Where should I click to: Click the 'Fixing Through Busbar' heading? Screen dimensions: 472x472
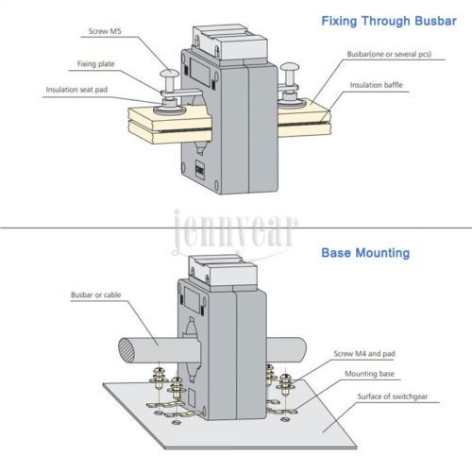click(x=389, y=21)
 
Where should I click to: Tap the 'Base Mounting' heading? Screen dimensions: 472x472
click(x=365, y=253)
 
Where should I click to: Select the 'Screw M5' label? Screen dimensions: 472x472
click(x=105, y=31)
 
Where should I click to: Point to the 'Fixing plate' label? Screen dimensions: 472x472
click(x=96, y=64)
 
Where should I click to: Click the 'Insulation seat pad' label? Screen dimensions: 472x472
click(x=76, y=90)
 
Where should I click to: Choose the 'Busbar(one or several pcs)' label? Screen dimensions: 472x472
click(x=389, y=54)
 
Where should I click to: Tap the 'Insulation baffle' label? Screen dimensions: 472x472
click(x=377, y=85)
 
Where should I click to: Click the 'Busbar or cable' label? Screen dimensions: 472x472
click(x=96, y=295)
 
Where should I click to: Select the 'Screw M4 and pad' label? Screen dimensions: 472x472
click(x=364, y=354)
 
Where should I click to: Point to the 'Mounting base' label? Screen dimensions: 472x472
click(x=369, y=374)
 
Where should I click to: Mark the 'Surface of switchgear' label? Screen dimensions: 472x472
click(x=393, y=396)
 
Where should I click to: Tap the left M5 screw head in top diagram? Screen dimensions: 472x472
click(x=169, y=74)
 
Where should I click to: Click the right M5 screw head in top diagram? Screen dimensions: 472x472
click(x=290, y=67)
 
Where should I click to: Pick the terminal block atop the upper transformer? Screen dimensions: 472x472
click(x=230, y=43)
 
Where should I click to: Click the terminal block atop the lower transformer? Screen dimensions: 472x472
click(x=223, y=271)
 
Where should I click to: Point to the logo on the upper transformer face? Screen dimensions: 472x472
click(x=199, y=169)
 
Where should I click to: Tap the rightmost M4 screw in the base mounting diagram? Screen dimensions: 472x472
click(x=285, y=384)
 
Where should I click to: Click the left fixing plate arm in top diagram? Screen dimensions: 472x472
click(x=181, y=93)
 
